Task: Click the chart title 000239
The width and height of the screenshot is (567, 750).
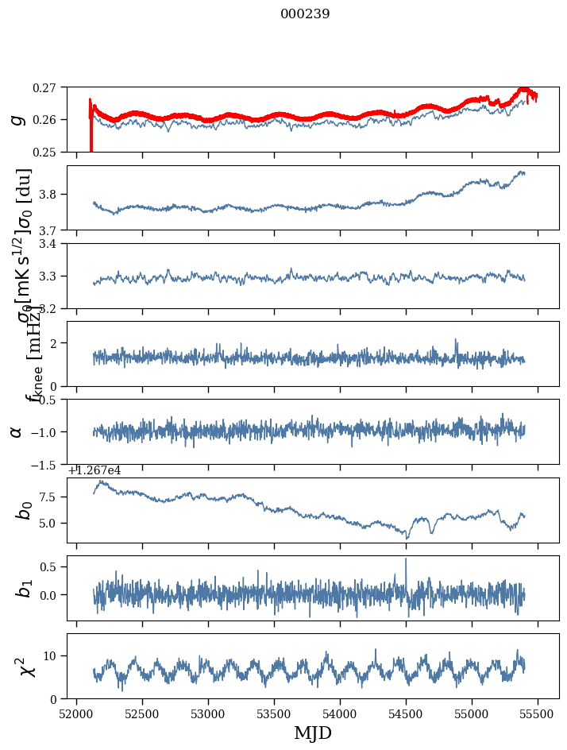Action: tap(305, 14)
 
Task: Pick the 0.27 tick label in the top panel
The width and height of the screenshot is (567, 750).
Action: tap(50, 87)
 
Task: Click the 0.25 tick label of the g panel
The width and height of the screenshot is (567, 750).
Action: tap(50, 152)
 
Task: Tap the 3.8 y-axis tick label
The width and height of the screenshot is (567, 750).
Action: tap(54, 195)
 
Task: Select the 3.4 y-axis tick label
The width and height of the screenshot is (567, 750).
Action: tap(54, 244)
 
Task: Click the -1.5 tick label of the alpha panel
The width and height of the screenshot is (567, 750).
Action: tap(48, 464)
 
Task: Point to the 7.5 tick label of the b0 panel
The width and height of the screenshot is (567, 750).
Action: tap(54, 497)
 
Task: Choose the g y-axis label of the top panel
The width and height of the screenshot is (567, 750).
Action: tap(17, 120)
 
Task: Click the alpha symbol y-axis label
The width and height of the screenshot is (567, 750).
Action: tap(17, 431)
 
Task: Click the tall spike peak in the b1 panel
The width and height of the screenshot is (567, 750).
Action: tap(406, 559)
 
